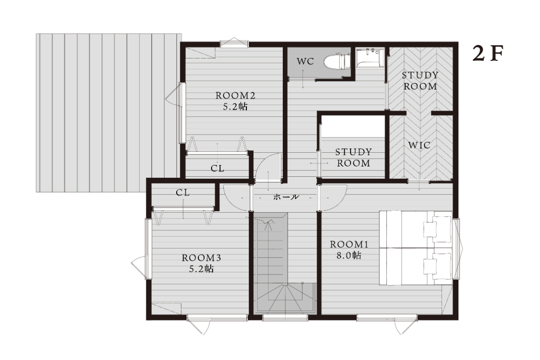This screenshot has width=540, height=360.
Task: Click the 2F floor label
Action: pyautogui.click(x=488, y=54)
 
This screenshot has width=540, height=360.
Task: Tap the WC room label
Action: pyautogui.click(x=305, y=61)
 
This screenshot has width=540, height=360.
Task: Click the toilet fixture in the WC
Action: pyautogui.click(x=337, y=61)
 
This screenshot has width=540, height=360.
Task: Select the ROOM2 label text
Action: pyautogui.click(x=235, y=95)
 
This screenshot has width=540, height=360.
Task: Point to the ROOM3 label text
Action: pyautogui.click(x=201, y=257)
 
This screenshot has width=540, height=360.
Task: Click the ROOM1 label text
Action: pyautogui.click(x=349, y=244)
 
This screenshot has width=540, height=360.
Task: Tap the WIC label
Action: pyautogui.click(x=419, y=145)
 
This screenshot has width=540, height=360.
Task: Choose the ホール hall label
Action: pyautogui.click(x=286, y=197)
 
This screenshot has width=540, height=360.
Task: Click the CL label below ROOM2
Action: pyautogui.click(x=217, y=168)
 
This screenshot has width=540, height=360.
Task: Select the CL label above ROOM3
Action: pyautogui.click(x=183, y=193)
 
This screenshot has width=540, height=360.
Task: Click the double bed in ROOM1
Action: pyautogui.click(x=416, y=248)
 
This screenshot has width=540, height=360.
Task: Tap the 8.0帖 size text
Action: pyautogui.click(x=349, y=255)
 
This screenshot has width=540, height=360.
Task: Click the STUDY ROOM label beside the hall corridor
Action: pyautogui.click(x=353, y=158)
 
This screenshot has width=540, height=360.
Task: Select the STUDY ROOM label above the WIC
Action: pyautogui.click(x=420, y=81)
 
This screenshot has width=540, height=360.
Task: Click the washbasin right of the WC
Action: pyautogui.click(x=369, y=58)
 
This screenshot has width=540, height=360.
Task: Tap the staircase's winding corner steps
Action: pyautogui.click(x=285, y=298)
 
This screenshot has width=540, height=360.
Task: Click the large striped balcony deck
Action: pyautogui.click(x=108, y=112)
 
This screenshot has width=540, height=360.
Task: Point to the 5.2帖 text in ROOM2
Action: pyautogui.click(x=235, y=107)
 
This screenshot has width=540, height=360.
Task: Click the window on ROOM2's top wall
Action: pyautogui.click(x=234, y=43)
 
